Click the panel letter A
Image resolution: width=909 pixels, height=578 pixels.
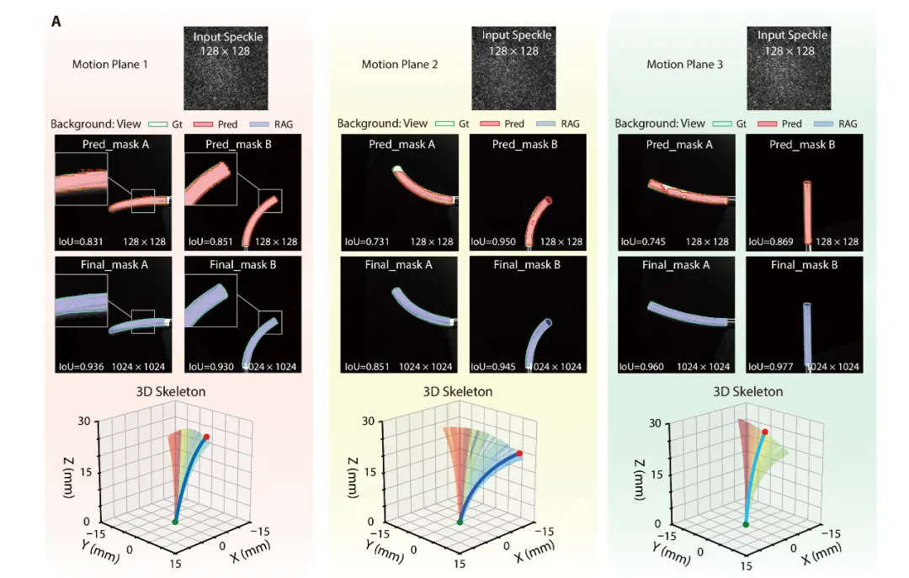pyautogui.click(x=56, y=21)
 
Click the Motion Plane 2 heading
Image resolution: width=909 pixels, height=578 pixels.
pyautogui.click(x=400, y=64)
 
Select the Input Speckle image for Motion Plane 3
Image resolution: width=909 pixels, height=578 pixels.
pyautogui.click(x=789, y=68)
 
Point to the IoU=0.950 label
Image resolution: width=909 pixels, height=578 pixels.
pyautogui.click(x=493, y=241)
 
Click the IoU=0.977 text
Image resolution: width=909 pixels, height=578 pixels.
pyautogui.click(x=770, y=366)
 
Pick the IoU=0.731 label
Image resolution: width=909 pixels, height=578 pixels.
pyautogui.click(x=367, y=241)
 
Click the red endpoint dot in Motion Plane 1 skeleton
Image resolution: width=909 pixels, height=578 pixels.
pyautogui.click(x=206, y=437)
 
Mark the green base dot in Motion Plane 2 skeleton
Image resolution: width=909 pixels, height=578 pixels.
pyautogui.click(x=460, y=522)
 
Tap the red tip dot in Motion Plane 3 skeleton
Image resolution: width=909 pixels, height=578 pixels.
pyautogui.click(x=765, y=432)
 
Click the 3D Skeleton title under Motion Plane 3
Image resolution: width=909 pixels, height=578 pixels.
pyautogui.click(x=748, y=392)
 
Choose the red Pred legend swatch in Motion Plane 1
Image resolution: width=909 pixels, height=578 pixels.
pyautogui.click(x=204, y=124)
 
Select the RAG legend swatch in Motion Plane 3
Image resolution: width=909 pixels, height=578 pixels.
pyautogui.click(x=824, y=124)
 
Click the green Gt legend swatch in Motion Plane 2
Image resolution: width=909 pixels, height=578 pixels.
pyautogui.click(x=444, y=124)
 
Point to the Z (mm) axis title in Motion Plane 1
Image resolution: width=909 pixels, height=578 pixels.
pyautogui.click(x=69, y=478)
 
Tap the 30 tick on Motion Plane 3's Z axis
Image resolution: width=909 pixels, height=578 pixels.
pyautogui.click(x=655, y=423)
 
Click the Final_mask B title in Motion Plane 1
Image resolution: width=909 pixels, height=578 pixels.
pyautogui.click(x=243, y=265)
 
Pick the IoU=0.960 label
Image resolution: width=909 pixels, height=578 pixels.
pyautogui.click(x=641, y=366)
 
